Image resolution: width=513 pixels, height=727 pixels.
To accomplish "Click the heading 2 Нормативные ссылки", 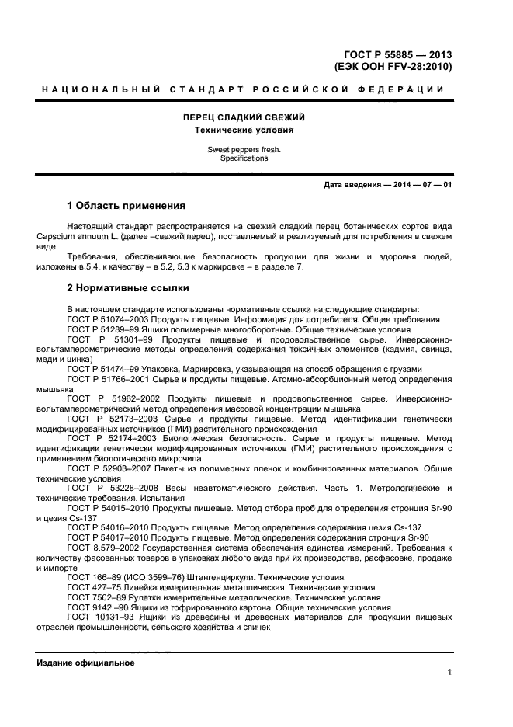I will [x=128, y=288].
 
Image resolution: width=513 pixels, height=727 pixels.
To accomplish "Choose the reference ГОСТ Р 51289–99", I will [x=103, y=329].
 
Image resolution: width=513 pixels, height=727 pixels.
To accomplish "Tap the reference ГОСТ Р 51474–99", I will [x=103, y=368].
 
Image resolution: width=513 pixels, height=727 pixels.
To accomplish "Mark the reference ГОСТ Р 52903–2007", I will [x=108, y=469].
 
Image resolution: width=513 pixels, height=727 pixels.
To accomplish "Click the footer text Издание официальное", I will [x=85, y=663].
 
